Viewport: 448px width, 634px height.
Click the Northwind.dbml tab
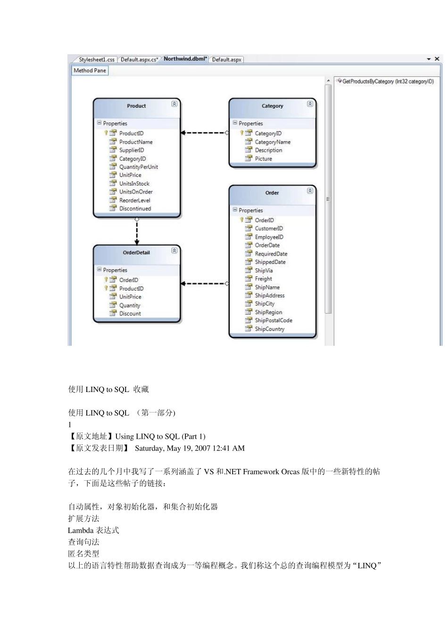[185, 59]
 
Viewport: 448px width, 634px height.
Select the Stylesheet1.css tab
[96, 60]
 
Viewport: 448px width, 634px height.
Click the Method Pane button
[90, 71]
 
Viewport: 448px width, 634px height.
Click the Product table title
[136, 106]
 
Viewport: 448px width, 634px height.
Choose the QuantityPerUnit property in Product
[138, 167]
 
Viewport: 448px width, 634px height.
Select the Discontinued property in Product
[135, 209]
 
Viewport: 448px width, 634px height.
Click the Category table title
[272, 106]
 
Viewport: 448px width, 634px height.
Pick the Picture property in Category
[263, 159]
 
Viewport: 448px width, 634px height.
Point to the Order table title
[272, 193]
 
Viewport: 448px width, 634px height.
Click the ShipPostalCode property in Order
[274, 321]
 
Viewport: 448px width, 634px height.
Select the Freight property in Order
[263, 279]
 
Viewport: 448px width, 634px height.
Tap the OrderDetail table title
[136, 253]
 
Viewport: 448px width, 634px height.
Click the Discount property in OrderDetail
[130, 314]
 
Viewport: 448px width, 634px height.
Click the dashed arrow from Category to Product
[205, 133]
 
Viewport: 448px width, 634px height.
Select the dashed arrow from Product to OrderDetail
[137, 231]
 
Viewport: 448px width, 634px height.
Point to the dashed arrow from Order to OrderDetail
[205, 284]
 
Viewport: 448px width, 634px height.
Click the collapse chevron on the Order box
[310, 191]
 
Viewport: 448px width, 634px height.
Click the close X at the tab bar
[437, 59]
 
